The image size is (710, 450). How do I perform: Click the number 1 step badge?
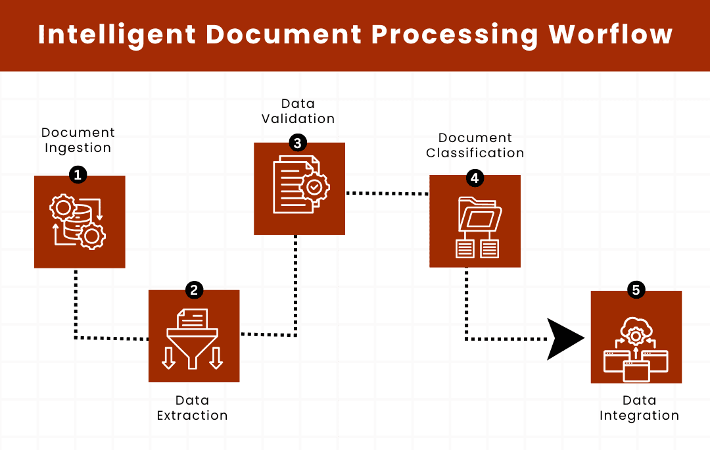point(78,174)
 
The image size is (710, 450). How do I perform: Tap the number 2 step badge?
point(194,289)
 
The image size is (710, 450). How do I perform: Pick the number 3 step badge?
point(298,143)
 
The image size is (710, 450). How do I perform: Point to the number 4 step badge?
point(474,177)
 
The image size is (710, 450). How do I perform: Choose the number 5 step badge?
point(636,289)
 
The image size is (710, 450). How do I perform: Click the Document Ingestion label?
point(78,140)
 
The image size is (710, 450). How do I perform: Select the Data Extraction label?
point(193,408)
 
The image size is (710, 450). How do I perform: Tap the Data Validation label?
point(298,111)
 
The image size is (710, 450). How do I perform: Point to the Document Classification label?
point(475,145)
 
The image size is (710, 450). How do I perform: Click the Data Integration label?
point(639,408)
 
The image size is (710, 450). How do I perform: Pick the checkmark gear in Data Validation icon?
point(314,187)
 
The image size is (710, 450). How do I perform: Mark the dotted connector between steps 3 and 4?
point(387,193)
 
